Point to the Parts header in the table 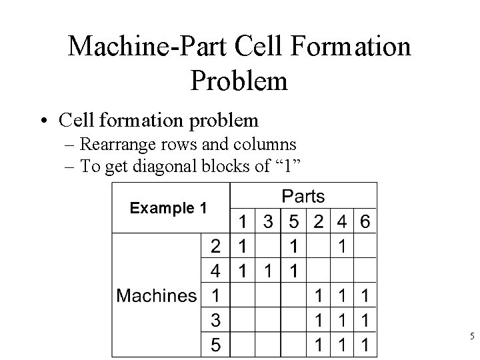(303, 196)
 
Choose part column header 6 (365, 221)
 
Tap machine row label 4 (216, 271)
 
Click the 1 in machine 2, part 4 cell (341, 246)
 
